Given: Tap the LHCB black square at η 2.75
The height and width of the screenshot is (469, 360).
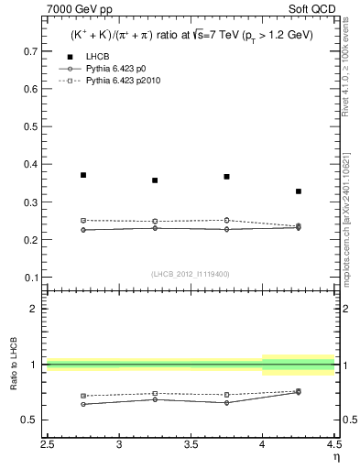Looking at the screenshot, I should pos(83,175).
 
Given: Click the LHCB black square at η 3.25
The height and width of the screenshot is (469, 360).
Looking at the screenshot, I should pos(155,180).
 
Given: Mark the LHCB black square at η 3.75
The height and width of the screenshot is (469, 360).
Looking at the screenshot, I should pos(226,177).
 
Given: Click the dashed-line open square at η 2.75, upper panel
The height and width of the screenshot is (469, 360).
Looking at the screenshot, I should pos(83,220).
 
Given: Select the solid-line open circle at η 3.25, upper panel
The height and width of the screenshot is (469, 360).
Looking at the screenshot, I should pos(155,227).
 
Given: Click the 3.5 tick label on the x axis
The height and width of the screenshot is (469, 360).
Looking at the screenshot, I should pos(191,445).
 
